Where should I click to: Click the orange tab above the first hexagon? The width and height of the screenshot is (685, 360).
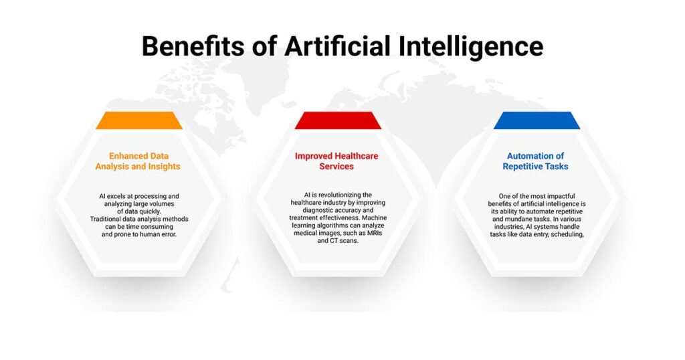(x=139, y=120)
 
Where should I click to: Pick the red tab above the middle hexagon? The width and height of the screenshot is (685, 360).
(x=338, y=120)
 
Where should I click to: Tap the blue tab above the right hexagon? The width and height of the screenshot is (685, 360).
(x=536, y=120)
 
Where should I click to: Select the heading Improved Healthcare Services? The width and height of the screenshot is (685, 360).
(x=336, y=161)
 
